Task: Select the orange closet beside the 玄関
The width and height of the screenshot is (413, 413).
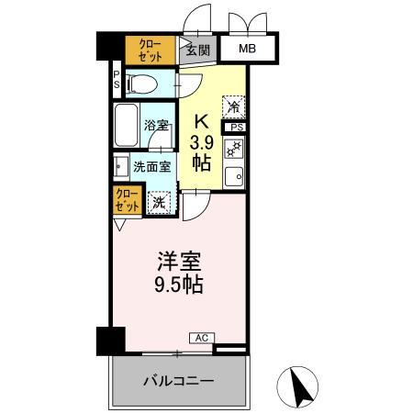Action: (x=150, y=50)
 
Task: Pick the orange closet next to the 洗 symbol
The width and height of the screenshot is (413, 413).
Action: (x=127, y=200)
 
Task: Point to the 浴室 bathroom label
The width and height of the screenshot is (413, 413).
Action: (x=156, y=127)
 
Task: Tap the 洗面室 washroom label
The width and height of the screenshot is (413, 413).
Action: (x=152, y=167)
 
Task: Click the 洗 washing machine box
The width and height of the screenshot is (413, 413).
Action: (x=160, y=201)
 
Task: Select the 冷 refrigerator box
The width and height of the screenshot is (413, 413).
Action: (x=234, y=108)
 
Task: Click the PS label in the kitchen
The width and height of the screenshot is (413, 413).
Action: (x=237, y=128)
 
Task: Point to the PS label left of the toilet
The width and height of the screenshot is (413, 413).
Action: (x=117, y=81)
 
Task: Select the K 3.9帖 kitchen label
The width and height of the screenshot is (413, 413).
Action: (x=203, y=141)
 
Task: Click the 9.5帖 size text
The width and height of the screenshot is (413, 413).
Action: (x=178, y=284)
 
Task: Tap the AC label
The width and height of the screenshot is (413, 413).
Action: (x=201, y=339)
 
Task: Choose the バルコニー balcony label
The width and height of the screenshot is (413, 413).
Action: (x=178, y=380)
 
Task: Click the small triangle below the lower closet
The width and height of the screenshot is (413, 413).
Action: (x=120, y=223)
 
